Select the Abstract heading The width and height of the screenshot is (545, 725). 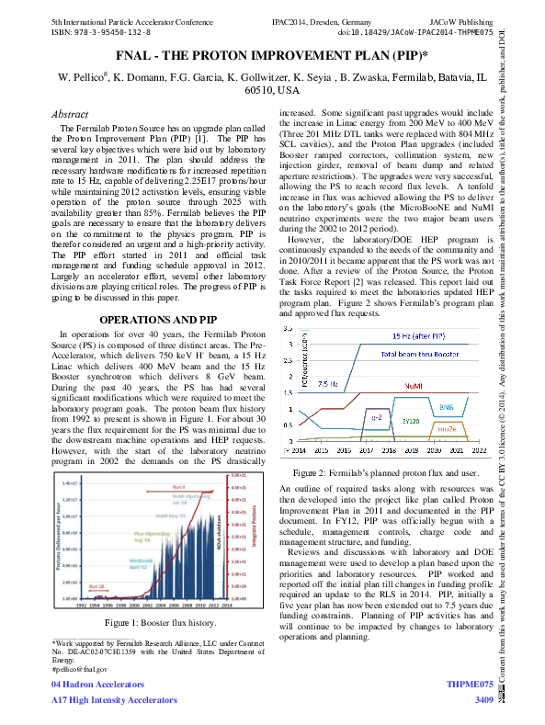coord(79,114)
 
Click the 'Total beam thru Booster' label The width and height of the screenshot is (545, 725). coord(421,353)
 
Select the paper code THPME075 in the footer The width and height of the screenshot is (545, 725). coord(470,685)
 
